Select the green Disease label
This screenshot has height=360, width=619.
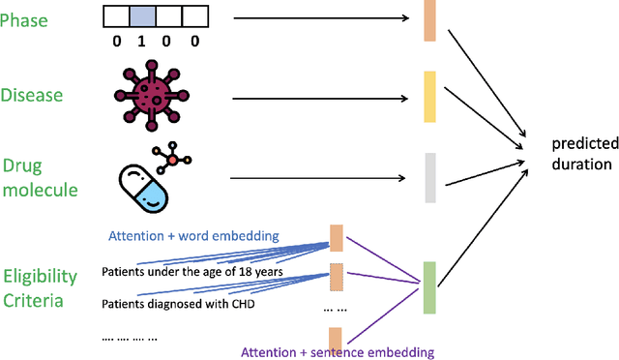click(x=31, y=95)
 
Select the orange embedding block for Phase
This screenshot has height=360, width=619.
click(x=430, y=21)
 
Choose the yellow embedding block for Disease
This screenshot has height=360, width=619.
click(x=430, y=96)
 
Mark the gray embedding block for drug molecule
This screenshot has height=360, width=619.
click(x=430, y=178)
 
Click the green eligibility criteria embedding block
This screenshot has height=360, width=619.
click(x=429, y=287)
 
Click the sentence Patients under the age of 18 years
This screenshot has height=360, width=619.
click(x=192, y=272)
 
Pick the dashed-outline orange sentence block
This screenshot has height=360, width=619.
click(x=336, y=278)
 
